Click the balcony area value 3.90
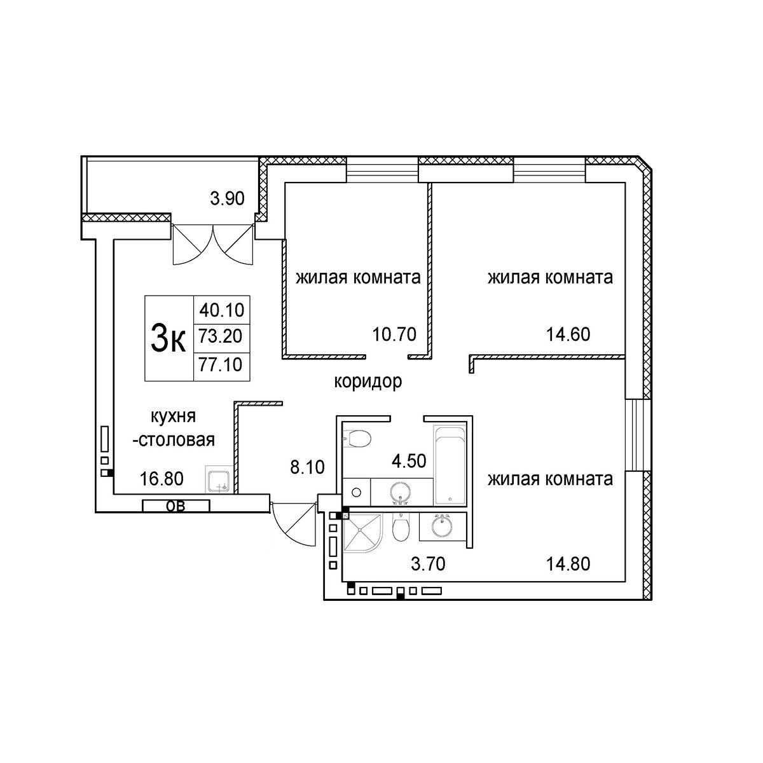227,198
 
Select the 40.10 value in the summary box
222,310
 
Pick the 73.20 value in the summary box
221,336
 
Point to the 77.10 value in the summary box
221,364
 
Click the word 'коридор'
368,382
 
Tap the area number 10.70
394,335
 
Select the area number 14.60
568,335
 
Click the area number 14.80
568,564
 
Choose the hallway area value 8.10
307,467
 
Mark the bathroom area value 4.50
409,461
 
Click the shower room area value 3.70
428,564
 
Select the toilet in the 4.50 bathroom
357,438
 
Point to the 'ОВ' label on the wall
175,505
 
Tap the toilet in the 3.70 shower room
401,527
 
